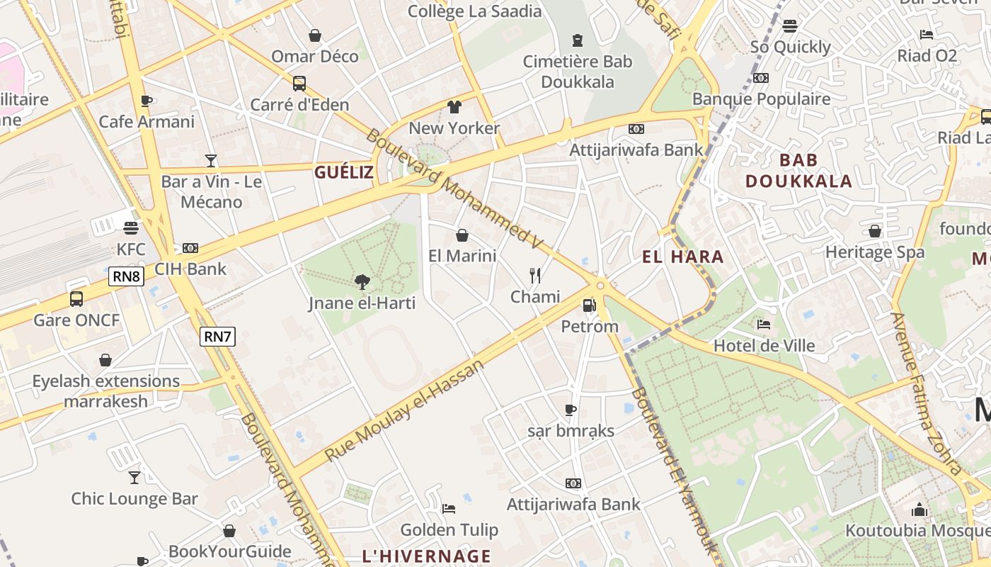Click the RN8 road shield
(x=126, y=276)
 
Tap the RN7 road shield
(x=217, y=337)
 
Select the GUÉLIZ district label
(x=344, y=172)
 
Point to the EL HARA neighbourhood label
(x=683, y=257)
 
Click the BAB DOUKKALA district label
(x=799, y=171)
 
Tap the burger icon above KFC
(x=131, y=228)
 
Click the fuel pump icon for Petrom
(x=589, y=305)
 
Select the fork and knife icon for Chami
(x=535, y=275)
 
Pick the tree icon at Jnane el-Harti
(x=362, y=282)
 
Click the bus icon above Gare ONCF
(x=76, y=299)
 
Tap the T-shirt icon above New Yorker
(x=454, y=107)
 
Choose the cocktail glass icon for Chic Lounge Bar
(x=134, y=477)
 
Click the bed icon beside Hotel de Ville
(x=764, y=325)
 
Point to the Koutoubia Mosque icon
(x=920, y=509)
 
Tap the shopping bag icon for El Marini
(x=462, y=235)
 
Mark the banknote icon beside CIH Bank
(x=190, y=248)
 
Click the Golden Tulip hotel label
(x=449, y=530)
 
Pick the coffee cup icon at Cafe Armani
(x=147, y=101)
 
